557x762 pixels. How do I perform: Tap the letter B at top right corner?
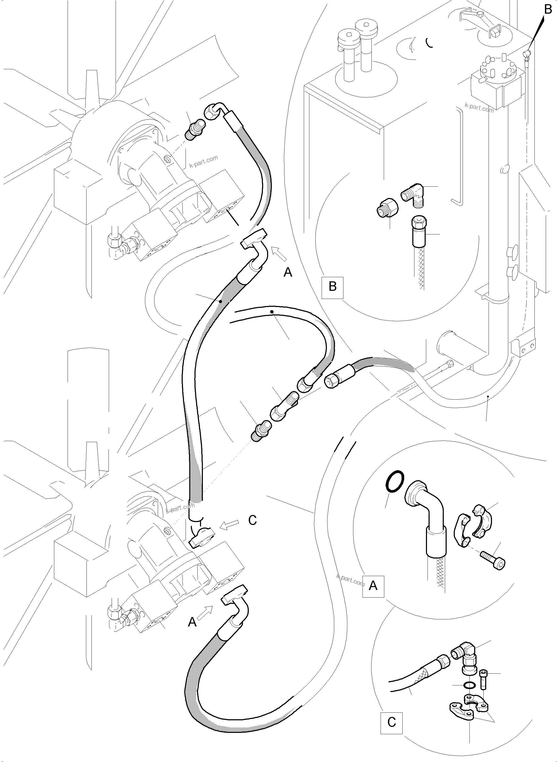pos(548,10)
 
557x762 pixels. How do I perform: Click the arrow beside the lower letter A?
pos(204,612)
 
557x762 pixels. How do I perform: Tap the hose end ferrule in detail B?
pos(419,232)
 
